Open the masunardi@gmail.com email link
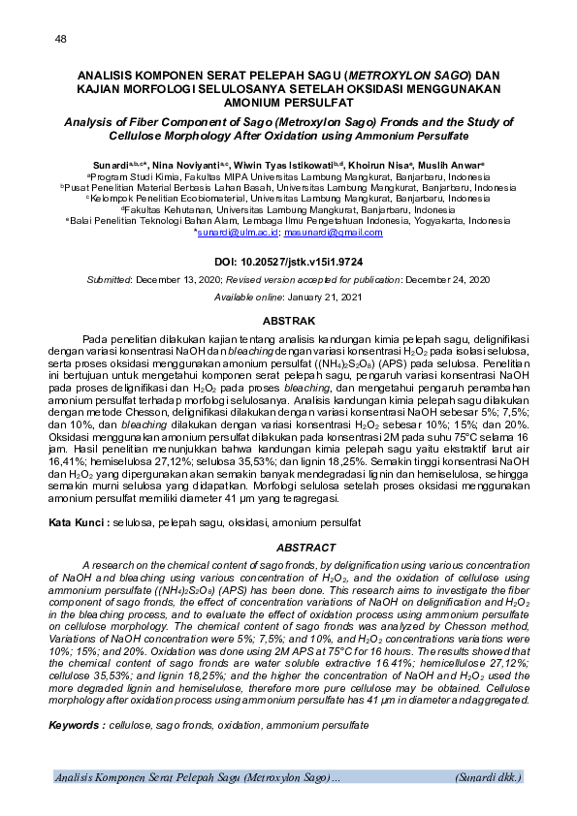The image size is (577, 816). (x=334, y=232)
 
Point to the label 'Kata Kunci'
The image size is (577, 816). (x=78, y=522)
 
